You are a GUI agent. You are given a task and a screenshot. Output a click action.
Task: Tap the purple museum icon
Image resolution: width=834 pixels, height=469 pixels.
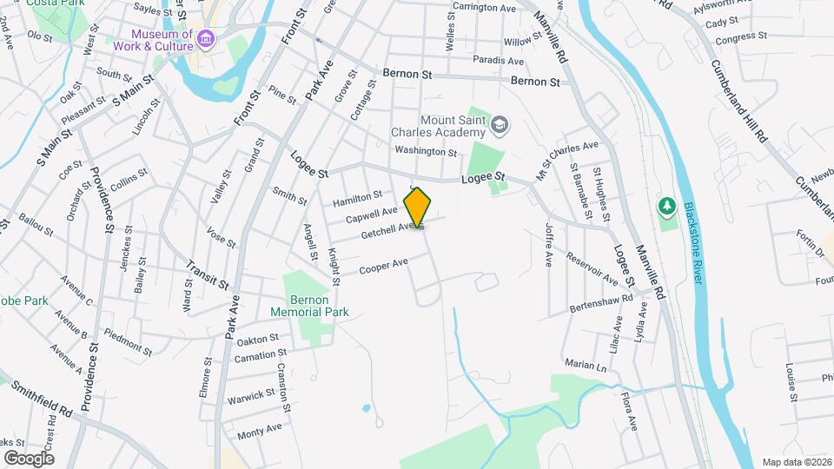pyautogui.click(x=205, y=38)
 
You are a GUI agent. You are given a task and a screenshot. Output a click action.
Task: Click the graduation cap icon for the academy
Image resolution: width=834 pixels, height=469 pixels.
pyautogui.click(x=500, y=127)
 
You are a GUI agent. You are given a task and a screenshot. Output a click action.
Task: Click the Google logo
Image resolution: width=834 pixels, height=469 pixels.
pyautogui.click(x=29, y=458)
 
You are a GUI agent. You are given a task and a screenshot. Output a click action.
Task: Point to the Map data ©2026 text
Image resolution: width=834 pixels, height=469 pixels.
pyautogui.click(x=795, y=461)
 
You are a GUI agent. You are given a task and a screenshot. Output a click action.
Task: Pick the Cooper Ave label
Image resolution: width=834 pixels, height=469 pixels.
pyautogui.click(x=383, y=265)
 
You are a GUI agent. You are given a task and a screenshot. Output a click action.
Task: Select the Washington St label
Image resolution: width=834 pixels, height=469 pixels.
pyautogui.click(x=425, y=151)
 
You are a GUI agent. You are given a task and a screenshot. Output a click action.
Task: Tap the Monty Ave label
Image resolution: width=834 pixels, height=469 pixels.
pyautogui.click(x=260, y=429)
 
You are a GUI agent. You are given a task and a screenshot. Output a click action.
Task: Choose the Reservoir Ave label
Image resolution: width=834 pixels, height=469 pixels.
pyautogui.click(x=592, y=268)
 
